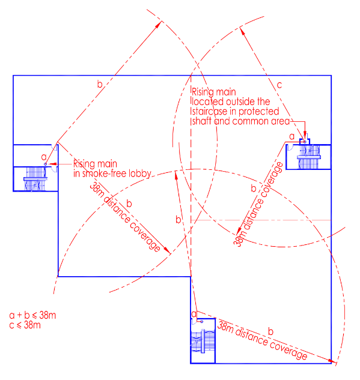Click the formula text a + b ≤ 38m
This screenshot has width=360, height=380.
pyautogui.click(x=32, y=315)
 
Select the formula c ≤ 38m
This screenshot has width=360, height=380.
pyautogui.click(x=25, y=325)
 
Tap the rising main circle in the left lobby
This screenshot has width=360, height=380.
pyautogui.click(x=45, y=164)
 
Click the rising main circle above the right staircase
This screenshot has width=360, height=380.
pyautogui.click(x=305, y=142)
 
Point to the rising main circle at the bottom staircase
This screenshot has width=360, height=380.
pyautogui.click(x=201, y=322)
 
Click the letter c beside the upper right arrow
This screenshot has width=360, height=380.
pyautogui.click(x=279, y=85)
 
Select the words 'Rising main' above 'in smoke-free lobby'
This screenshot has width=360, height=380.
pyautogui.click(x=95, y=164)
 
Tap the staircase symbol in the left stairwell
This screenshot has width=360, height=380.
pyautogui.click(x=35, y=179)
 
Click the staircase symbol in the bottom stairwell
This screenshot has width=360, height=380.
pyautogui.click(x=203, y=341)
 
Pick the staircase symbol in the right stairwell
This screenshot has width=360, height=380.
pyautogui.click(x=308, y=157)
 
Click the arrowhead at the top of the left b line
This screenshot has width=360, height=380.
pyautogui.click(x=159, y=24)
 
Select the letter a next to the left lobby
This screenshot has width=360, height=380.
pyautogui.click(x=44, y=157)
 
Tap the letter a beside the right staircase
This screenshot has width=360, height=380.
pyautogui.click(x=292, y=136)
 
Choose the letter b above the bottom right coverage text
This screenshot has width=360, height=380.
pyautogui.click(x=270, y=331)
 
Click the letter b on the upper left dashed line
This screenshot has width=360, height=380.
pyautogui.click(x=100, y=84)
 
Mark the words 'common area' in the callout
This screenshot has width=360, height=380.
pyautogui.click(x=261, y=121)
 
